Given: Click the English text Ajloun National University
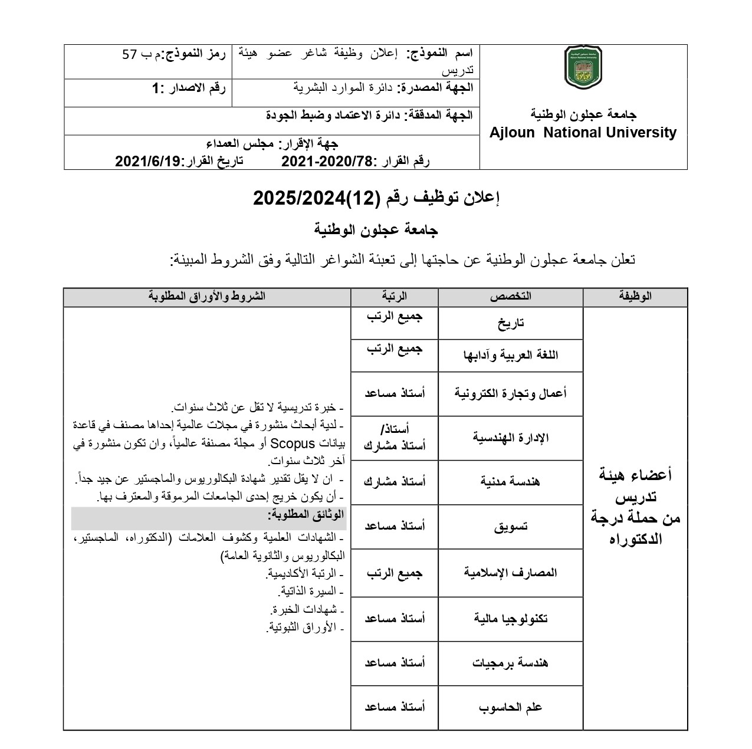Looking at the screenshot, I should pos(583,133).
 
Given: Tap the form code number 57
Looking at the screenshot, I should pos(130,55).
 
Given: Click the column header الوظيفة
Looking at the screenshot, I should pos(635,297).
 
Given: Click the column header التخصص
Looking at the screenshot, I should pos(510,297).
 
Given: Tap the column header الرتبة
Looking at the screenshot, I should pos(395,297).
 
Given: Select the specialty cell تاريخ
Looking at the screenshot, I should pos(511,323).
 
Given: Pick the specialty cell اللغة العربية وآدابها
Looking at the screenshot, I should pos(511,355).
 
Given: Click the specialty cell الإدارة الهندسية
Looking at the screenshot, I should pos(511,438).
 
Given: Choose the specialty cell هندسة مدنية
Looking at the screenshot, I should pos(511,482).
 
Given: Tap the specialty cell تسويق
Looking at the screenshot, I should pos(511,527).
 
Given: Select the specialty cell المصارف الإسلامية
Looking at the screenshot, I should pos(511,572).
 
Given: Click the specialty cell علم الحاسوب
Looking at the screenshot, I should pos(511,707).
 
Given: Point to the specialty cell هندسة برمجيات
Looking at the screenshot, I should pos(511,663).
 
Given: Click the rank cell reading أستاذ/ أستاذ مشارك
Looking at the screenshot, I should pos(395,438).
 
